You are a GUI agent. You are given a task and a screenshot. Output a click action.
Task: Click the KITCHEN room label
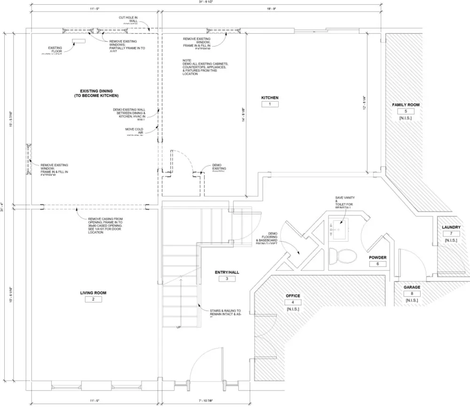(270, 98)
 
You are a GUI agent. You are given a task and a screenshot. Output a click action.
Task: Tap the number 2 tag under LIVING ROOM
(93, 299)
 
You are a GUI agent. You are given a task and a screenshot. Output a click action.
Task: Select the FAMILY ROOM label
(406, 105)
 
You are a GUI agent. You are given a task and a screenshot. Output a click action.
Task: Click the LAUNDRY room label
(451, 227)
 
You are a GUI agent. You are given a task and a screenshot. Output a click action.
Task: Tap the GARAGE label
(412, 287)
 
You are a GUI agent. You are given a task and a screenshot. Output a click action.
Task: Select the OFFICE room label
(293, 296)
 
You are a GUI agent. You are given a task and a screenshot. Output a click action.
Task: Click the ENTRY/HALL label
(227, 272)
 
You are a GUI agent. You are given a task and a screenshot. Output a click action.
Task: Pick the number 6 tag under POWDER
(377, 264)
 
